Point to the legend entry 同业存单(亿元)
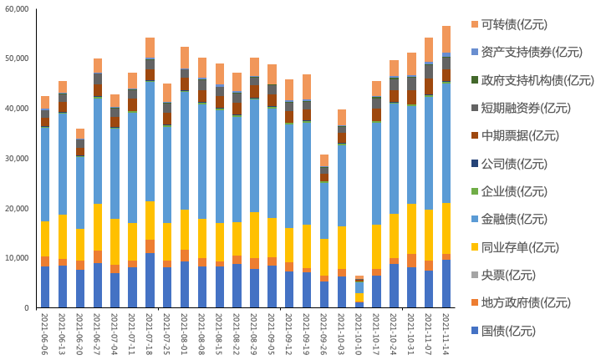click(522, 247)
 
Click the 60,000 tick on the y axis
click(17, 9)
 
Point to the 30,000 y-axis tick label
click(17, 159)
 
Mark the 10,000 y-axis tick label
click(17, 258)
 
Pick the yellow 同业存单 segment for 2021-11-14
click(446, 228)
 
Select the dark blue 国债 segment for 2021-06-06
click(45, 287)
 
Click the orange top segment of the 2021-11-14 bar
click(446, 39)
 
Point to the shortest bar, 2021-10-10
click(359, 292)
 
